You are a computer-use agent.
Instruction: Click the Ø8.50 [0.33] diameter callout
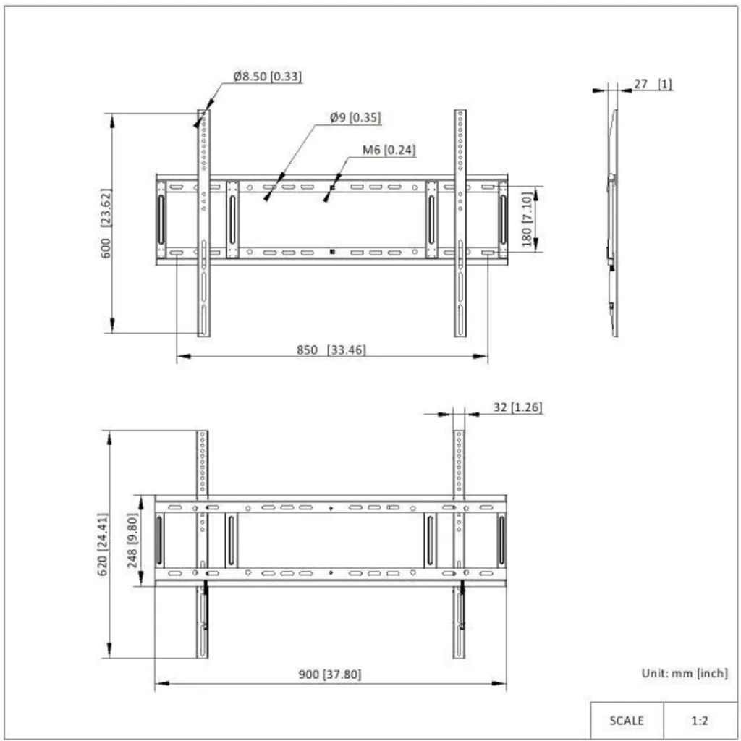pyautogui.click(x=268, y=76)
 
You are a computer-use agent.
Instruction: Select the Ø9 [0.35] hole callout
pyautogui.click(x=355, y=117)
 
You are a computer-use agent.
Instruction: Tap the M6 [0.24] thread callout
pyautogui.click(x=389, y=150)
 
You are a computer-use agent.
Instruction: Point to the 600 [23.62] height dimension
pyautogui.click(x=106, y=223)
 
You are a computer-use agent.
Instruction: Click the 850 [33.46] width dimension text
pyautogui.click(x=331, y=350)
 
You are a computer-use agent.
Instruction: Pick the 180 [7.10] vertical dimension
pyautogui.click(x=527, y=219)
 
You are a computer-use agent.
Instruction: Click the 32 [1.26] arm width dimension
pyautogui.click(x=517, y=407)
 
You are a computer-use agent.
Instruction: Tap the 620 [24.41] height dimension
pyautogui.click(x=103, y=544)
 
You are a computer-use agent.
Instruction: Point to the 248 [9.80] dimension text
pyautogui.click(x=132, y=541)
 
